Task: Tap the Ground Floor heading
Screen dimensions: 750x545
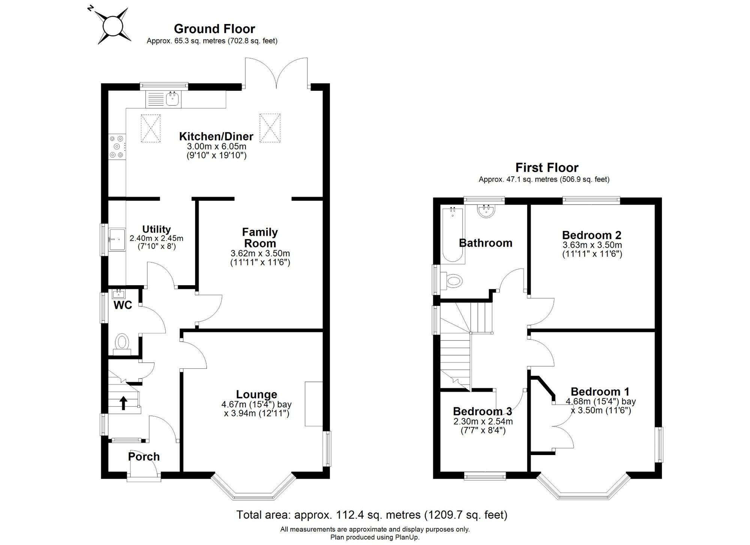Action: click(214, 29)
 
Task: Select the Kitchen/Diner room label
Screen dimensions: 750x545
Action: click(216, 136)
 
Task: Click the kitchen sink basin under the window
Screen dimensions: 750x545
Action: click(173, 99)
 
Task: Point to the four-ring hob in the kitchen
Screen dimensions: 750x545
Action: click(117, 146)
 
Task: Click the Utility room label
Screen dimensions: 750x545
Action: click(156, 229)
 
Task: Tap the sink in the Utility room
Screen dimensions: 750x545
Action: click(117, 239)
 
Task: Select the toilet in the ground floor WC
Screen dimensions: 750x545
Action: click(122, 344)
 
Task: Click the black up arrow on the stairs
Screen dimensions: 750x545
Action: click(123, 403)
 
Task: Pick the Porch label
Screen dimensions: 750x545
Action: click(144, 457)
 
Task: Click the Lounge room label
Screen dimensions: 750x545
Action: click(256, 394)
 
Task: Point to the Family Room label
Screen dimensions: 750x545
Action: click(260, 238)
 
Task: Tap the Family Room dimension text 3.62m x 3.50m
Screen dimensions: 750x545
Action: click(260, 253)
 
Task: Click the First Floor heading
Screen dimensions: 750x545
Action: click(547, 168)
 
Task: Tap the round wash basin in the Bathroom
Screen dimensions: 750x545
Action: click(486, 211)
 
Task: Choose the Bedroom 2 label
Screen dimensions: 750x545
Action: click(592, 235)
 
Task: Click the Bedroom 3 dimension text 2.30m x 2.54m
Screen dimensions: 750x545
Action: click(483, 421)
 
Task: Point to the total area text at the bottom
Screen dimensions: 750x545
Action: click(372, 515)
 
